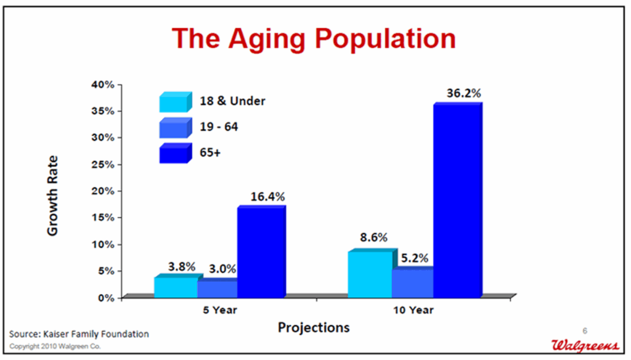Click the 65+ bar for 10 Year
pos(458,200)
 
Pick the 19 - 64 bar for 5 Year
pos(218,288)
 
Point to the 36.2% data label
pos(463,93)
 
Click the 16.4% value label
pos(267,197)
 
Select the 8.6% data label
pos(374,237)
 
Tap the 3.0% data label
pos(222,269)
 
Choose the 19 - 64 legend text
pos(219,127)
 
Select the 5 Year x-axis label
pos(220,310)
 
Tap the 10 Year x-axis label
pos(413,310)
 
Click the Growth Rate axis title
pos(53,195)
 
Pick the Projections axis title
pos(314,327)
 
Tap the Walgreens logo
pos(585,345)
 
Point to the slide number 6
pos(585,331)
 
